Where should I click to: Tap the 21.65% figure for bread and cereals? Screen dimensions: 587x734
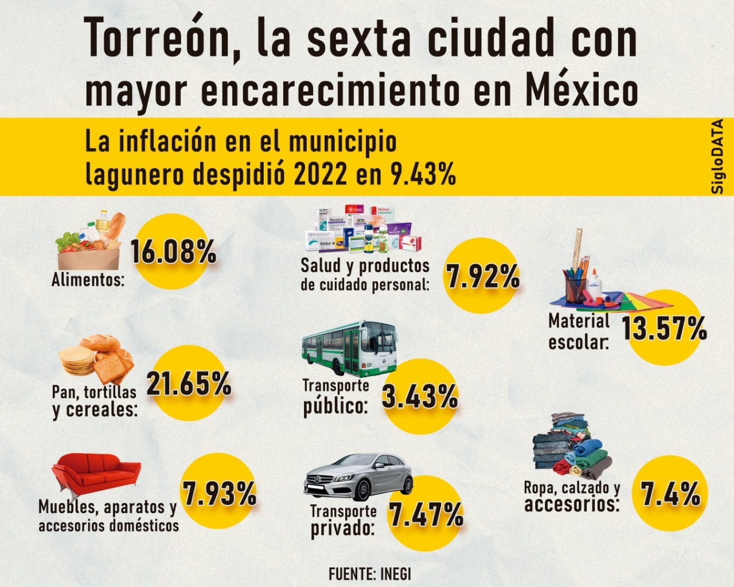pyautogui.click(x=189, y=383)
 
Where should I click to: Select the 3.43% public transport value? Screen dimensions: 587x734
pyautogui.click(x=420, y=396)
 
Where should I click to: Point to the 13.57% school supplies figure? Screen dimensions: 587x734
pyautogui.click(x=664, y=329)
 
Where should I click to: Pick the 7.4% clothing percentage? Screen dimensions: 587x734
pyautogui.click(x=670, y=494)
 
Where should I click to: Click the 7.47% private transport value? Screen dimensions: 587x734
pyautogui.click(x=426, y=514)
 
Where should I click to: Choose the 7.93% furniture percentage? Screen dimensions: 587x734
pyautogui.click(x=220, y=494)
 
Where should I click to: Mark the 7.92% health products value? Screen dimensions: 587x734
pyautogui.click(x=483, y=276)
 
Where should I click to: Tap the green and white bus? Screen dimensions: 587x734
pyautogui.click(x=349, y=347)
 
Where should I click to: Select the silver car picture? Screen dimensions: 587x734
pyautogui.click(x=358, y=478)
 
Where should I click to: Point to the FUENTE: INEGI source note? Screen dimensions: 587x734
pyautogui.click(x=370, y=573)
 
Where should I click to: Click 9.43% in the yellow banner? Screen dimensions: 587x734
pyautogui.click(x=423, y=173)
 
